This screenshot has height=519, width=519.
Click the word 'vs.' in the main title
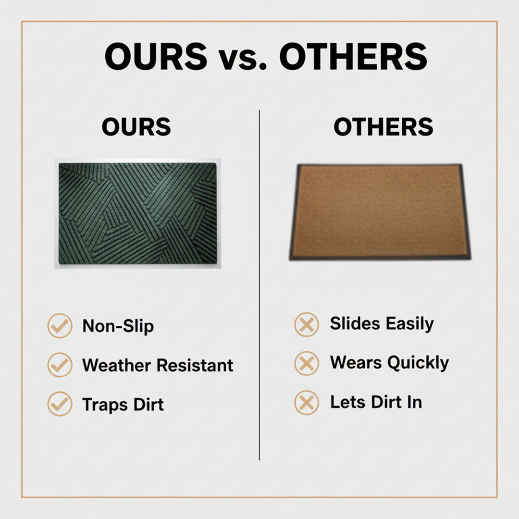243,57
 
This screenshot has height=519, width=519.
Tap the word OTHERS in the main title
353,57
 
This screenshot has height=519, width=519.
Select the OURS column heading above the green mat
136,127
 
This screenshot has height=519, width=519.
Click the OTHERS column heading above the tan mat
383,127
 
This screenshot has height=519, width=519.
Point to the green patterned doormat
137,213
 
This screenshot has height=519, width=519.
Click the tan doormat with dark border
380,211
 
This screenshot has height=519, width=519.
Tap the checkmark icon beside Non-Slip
60,326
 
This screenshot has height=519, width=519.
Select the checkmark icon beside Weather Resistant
60,365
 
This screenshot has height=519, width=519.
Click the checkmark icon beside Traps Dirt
60,404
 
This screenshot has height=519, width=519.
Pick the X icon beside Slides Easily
306,324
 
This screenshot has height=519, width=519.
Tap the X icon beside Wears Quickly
306,363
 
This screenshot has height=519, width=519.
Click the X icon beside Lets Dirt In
306,402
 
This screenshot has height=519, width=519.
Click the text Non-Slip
118,326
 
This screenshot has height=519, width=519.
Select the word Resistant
195,365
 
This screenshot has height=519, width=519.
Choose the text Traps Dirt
123,404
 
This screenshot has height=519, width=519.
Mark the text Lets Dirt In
376,402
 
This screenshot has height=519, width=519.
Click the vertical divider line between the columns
259,288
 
